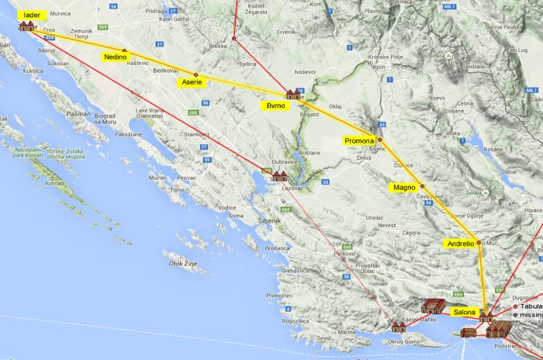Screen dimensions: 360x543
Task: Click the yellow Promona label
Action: coord(360,140)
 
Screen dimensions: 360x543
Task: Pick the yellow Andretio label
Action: coord(457,243)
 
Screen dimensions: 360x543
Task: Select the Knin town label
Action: coord(379,67)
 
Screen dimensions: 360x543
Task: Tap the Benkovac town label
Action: coord(166,70)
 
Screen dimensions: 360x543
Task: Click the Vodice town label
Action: coord(227,207)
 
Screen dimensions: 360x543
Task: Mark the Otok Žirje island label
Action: coord(181,264)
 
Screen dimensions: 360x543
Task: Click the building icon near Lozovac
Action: coord(278,176)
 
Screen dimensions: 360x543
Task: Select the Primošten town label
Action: coord(279,296)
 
